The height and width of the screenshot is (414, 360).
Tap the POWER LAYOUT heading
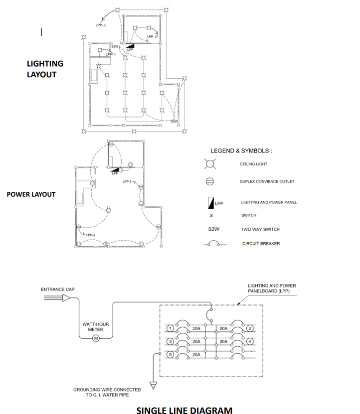(x=31, y=194)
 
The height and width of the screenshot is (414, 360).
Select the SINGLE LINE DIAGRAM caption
(x=184, y=410)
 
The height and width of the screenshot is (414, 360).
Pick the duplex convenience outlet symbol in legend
(x=210, y=182)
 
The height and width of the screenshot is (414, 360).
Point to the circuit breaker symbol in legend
(x=214, y=244)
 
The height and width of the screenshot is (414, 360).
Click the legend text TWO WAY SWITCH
(x=260, y=230)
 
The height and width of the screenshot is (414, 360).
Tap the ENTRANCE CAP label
(x=57, y=289)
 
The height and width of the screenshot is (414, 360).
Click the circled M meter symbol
(x=96, y=339)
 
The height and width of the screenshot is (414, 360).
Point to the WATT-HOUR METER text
(x=96, y=327)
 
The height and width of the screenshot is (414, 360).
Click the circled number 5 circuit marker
(x=170, y=355)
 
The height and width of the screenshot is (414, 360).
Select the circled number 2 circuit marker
(x=249, y=328)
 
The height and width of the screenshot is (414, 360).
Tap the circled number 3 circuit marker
(x=170, y=341)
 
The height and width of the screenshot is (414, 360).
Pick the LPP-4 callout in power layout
(x=90, y=235)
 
